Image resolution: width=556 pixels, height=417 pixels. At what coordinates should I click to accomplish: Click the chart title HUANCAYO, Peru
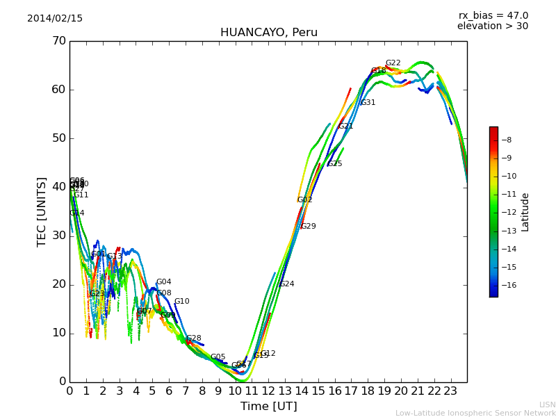[x=268, y=33]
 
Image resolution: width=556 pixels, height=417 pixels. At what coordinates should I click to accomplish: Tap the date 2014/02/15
[x=55, y=18]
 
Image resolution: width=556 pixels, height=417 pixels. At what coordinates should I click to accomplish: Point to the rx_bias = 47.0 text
[x=493, y=15]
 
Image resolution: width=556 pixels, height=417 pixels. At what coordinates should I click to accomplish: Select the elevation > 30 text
[x=492, y=26]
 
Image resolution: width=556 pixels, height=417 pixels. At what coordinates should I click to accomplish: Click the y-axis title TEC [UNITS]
[x=42, y=211]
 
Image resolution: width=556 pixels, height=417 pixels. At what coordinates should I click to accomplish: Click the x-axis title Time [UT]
[x=268, y=407]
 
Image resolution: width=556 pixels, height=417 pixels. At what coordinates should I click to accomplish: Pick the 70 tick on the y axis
[x=58, y=41]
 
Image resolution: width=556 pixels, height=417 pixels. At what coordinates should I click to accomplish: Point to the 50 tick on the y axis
[x=58, y=138]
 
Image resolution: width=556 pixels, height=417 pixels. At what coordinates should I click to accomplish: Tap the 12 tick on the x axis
[x=268, y=391]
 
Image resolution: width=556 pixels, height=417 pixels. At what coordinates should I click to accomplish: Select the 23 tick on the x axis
[x=450, y=391]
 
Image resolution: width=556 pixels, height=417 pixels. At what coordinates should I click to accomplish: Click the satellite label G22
[x=393, y=63]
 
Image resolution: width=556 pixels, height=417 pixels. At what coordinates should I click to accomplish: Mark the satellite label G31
[x=368, y=103]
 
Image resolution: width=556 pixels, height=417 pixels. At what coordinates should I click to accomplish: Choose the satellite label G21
[x=345, y=126]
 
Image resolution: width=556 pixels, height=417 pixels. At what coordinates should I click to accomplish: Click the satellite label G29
[x=308, y=227]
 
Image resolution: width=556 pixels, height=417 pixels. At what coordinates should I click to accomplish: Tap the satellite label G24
[x=286, y=284]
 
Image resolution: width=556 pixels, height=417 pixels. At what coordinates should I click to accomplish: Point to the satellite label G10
[x=181, y=302]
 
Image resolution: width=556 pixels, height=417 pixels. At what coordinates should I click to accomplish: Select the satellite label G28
[x=193, y=338]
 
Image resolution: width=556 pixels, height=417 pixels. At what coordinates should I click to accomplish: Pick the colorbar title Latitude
[x=525, y=211]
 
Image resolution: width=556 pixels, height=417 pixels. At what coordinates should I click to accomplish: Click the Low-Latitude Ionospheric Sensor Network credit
[x=475, y=414]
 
